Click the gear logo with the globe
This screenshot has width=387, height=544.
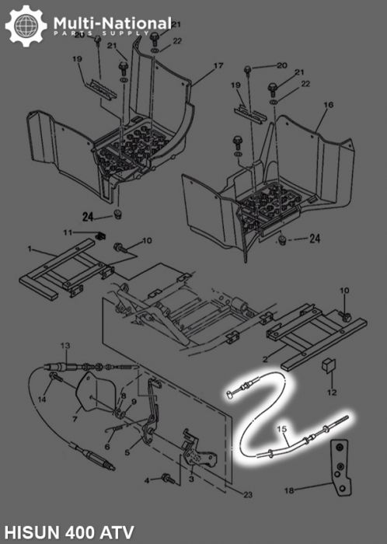pos(26,26)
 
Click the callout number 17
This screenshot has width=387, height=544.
pos(218,65)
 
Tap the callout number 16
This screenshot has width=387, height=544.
pos(329,104)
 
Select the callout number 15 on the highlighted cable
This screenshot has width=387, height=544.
pos(282,429)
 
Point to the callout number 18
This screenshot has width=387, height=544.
pos(289,490)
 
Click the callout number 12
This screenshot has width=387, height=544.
pos(332,392)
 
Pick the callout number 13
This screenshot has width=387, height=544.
pos(65,346)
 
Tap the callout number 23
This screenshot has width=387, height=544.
pos(248,495)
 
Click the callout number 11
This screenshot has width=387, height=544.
pos(68,232)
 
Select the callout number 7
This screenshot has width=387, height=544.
pos(75,419)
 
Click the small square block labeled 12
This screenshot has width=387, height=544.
pos(329,366)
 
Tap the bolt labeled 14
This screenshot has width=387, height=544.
pos(56,377)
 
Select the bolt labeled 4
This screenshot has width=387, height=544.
pos(168,479)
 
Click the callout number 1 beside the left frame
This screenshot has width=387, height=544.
pos(30,249)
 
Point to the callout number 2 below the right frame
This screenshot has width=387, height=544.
pos(265,359)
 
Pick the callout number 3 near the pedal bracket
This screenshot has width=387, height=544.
pos(191,479)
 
